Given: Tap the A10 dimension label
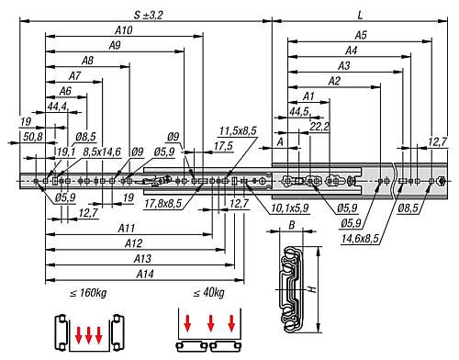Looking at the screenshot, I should tap(126, 30).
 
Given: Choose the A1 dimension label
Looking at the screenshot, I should tap(308, 96).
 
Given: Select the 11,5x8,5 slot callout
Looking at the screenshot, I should tap(238, 131).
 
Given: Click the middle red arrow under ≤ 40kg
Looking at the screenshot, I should tap(211, 322).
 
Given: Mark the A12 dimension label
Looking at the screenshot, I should tap(132, 243).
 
